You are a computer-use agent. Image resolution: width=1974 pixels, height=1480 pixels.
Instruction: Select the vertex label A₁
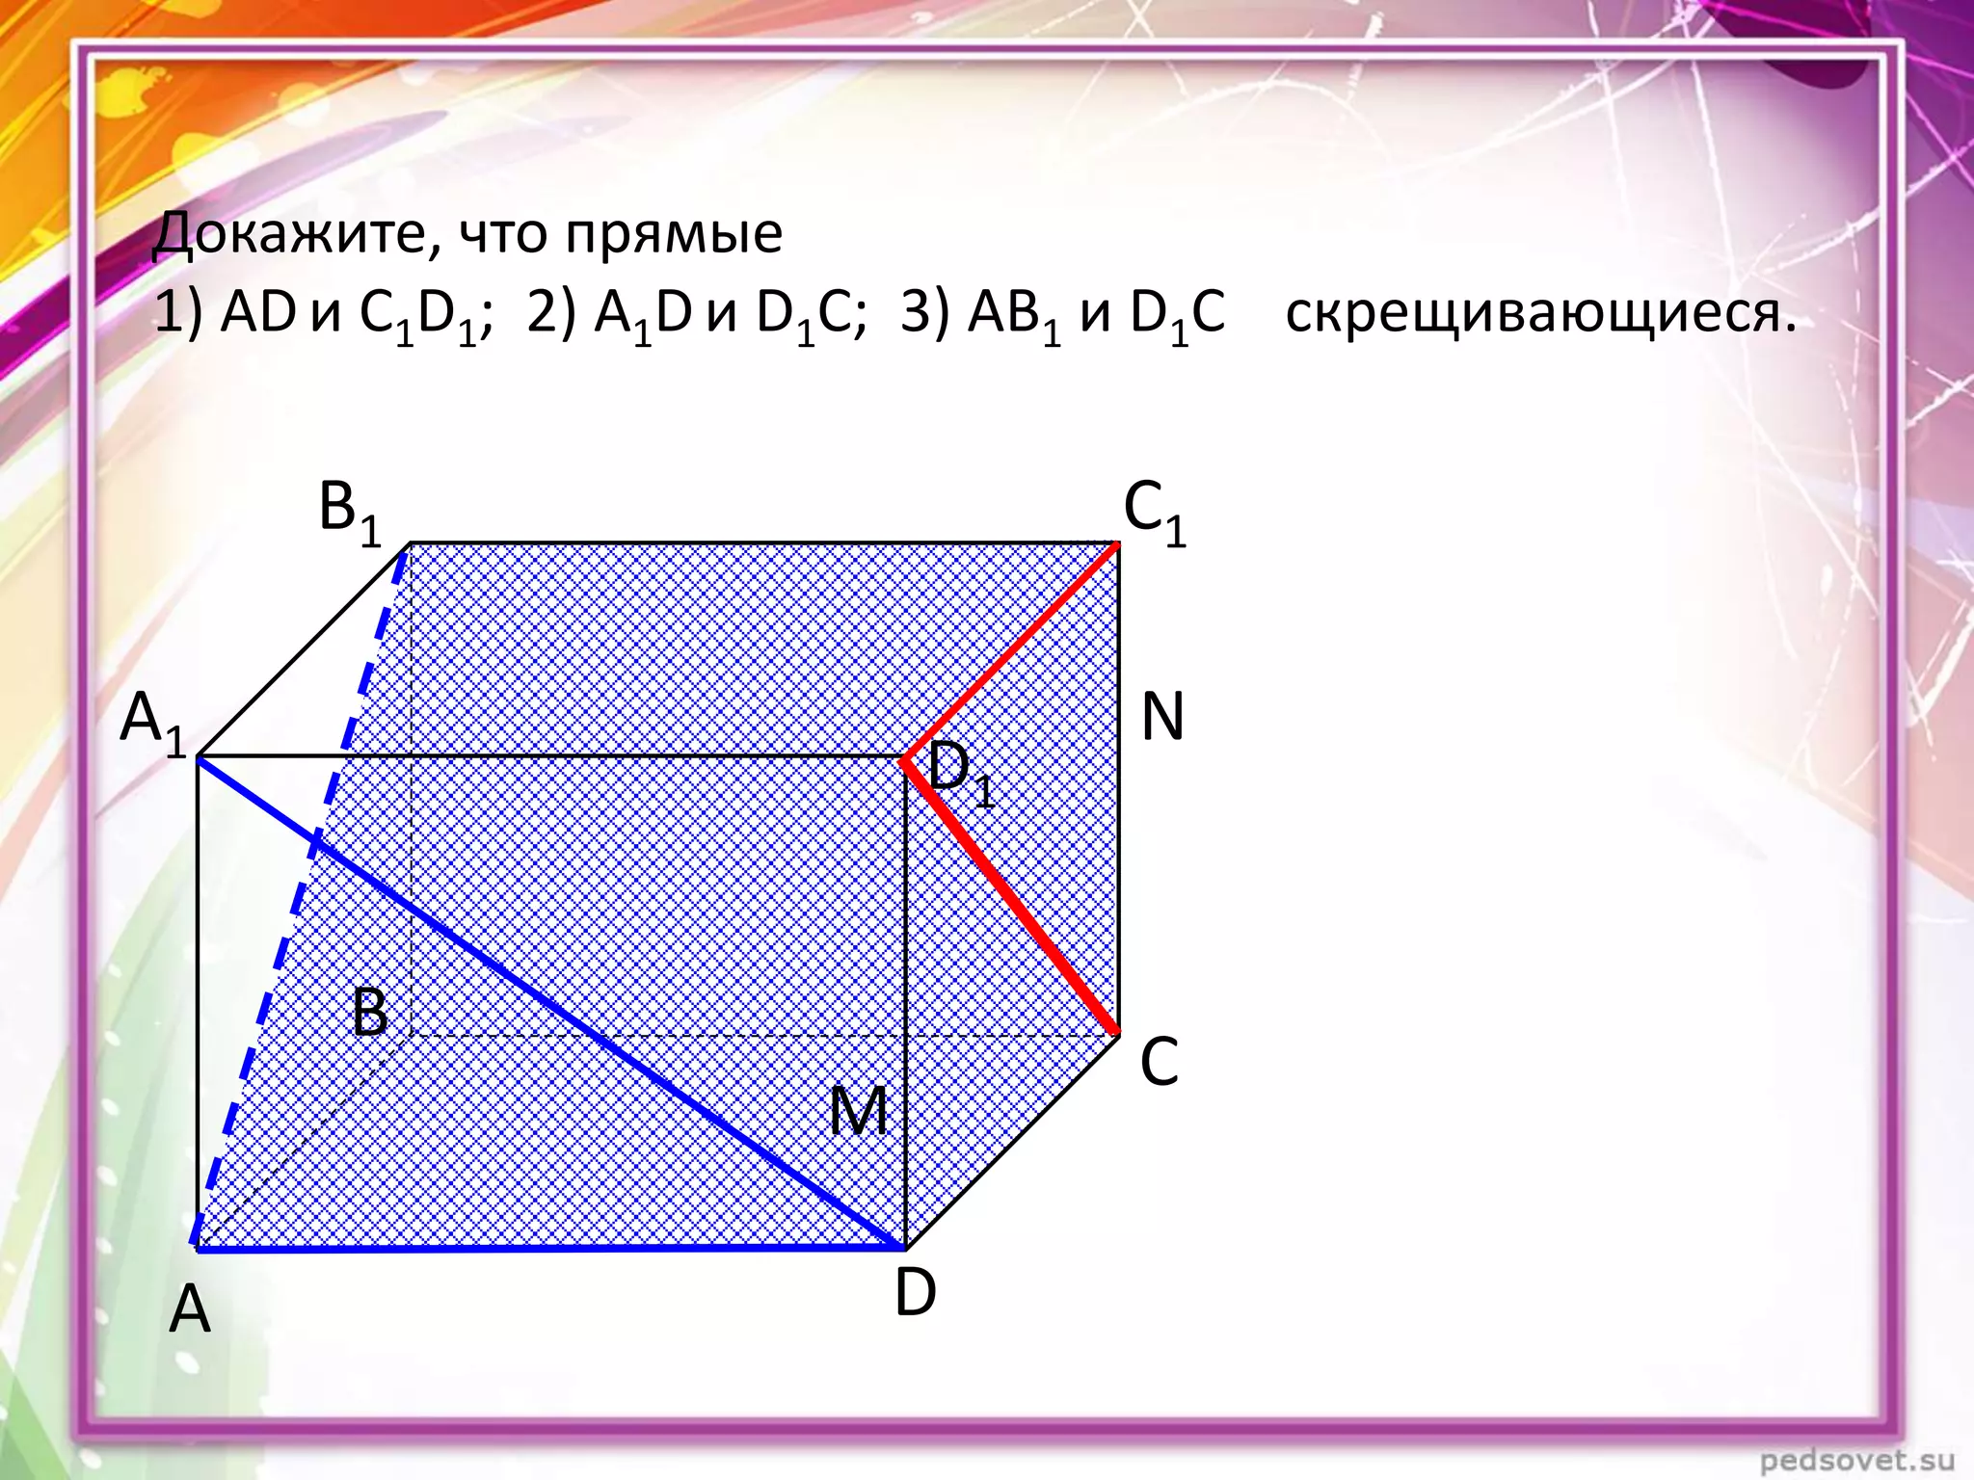(x=152, y=724)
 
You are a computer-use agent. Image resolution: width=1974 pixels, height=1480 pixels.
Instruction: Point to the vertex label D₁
(x=960, y=776)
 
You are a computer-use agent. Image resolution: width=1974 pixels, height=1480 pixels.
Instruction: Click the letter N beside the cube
(x=1161, y=718)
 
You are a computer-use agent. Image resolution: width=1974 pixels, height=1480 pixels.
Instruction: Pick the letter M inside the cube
(x=858, y=1112)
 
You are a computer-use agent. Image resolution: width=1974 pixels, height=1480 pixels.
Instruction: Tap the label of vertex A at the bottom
(x=189, y=1310)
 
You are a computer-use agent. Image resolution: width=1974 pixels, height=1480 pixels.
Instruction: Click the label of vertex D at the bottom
(x=915, y=1292)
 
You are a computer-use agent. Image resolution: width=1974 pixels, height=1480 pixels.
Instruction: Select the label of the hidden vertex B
(x=370, y=1013)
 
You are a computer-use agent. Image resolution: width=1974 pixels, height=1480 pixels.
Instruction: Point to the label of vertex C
(x=1159, y=1062)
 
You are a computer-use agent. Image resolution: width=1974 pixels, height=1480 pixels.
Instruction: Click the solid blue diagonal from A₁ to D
(x=549, y=1002)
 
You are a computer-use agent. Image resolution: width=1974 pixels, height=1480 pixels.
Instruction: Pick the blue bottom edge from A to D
(x=549, y=1248)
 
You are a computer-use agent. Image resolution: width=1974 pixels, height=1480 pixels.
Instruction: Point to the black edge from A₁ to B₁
(x=304, y=651)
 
